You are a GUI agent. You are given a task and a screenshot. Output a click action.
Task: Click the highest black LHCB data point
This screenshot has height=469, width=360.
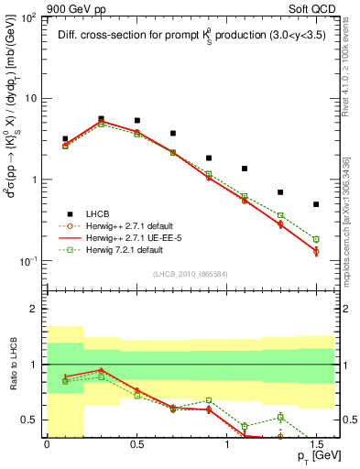pos(101,118)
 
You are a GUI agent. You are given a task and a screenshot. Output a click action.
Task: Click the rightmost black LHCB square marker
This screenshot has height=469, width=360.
pos(316,204)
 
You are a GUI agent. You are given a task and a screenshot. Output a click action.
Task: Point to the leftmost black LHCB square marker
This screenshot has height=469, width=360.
pos(65,139)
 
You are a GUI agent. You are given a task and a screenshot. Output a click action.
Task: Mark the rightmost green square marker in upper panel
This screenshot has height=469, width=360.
pos(316,239)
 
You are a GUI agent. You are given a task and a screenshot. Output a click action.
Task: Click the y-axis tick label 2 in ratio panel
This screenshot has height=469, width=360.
pos(36,310)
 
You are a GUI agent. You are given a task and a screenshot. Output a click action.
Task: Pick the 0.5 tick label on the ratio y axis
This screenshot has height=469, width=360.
pos(32,420)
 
